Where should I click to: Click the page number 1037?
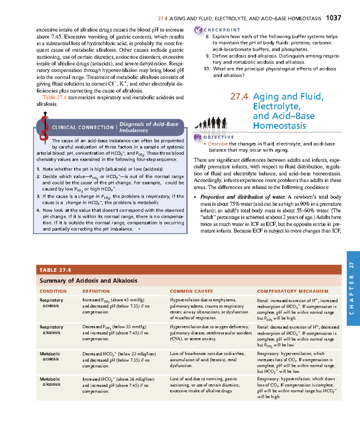tap(333, 18)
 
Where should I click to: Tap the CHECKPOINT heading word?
tap(222, 30)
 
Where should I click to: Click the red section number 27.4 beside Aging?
tap(239, 97)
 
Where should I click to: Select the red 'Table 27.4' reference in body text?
tap(54, 97)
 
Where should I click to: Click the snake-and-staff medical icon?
tap(44, 127)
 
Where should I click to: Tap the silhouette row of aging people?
tap(211, 123)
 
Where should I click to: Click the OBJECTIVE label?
tap(218, 137)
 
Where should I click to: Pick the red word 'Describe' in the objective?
tap(218, 144)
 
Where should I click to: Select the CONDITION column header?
tap(53, 291)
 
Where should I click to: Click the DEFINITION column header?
tap(96, 291)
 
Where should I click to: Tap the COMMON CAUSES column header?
tap(191, 291)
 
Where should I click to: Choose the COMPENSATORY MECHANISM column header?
tap(292, 291)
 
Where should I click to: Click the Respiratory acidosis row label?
tap(51, 303)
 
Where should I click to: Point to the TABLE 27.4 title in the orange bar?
tap(55, 270)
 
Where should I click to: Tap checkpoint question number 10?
tap(207, 69)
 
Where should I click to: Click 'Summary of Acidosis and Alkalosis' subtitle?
tap(88, 281)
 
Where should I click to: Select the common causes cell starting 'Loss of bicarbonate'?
tap(207, 359)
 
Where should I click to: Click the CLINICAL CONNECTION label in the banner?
tap(83, 127)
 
